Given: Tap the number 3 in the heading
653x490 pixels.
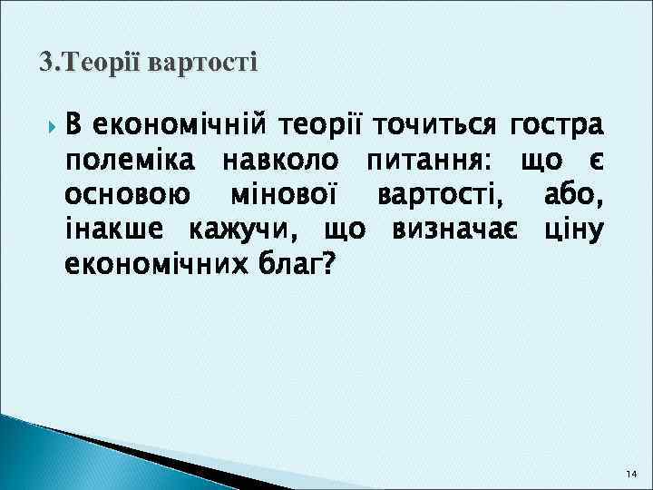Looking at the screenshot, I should coord(45,64).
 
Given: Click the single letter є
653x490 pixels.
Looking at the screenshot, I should coord(595,160).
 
